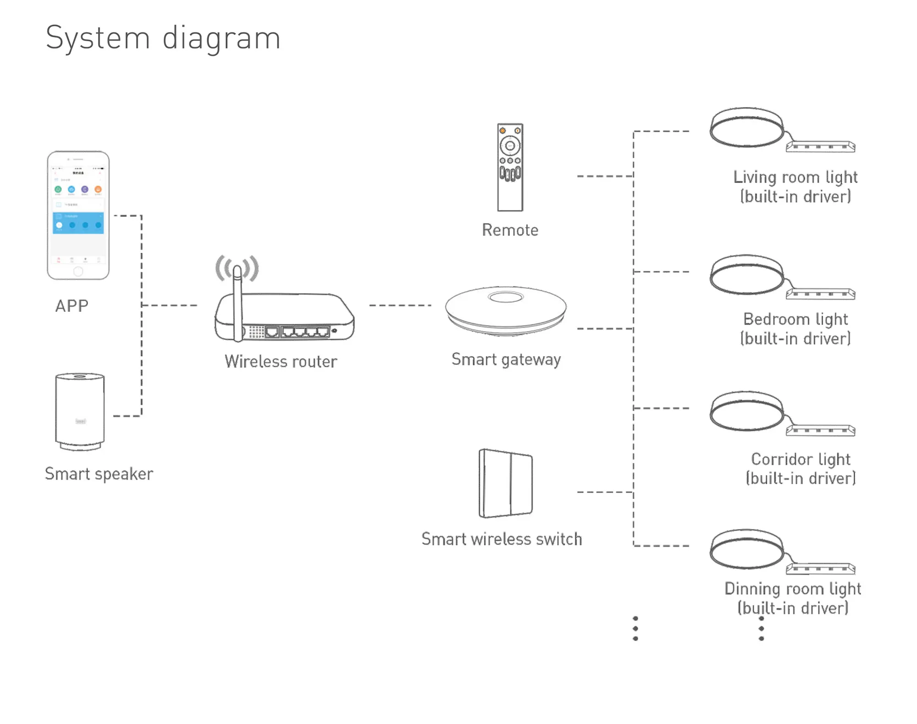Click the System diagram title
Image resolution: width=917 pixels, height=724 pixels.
click(163, 38)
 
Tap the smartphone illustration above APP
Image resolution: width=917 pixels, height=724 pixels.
click(78, 215)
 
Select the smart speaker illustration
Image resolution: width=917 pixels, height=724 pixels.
click(80, 411)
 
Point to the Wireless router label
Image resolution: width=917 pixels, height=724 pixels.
click(281, 361)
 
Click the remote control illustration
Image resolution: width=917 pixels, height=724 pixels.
click(510, 167)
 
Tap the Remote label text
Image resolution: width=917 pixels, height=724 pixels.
click(510, 230)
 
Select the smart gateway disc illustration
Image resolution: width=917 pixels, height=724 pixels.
click(506, 310)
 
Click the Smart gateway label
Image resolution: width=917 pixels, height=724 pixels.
click(506, 359)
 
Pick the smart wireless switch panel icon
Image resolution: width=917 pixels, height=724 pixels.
click(506, 483)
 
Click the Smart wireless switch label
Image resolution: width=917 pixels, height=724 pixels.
click(502, 539)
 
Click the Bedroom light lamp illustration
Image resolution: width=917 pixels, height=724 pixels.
click(747, 275)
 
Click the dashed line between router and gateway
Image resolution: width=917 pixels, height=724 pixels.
click(400, 305)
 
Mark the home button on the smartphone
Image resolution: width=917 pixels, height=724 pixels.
click(78, 271)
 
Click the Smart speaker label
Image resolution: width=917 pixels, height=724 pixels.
click(99, 474)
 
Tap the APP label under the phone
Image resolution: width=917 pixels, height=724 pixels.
click(72, 306)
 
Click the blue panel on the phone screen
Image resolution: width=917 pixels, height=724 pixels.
click(78, 223)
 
